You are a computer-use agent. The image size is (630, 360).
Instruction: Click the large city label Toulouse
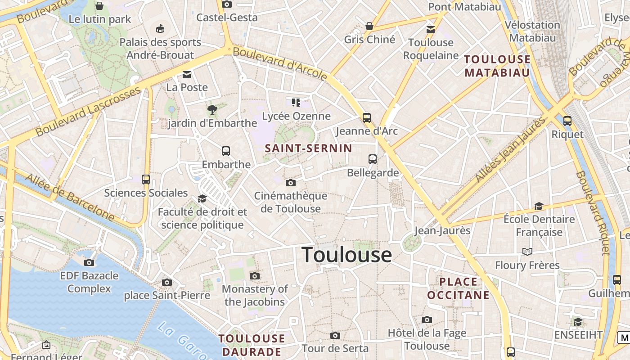click(x=346, y=255)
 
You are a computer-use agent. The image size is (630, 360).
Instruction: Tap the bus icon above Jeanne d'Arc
click(x=367, y=118)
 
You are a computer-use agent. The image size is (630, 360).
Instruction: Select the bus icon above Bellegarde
click(x=373, y=159)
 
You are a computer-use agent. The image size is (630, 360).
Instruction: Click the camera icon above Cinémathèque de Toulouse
click(x=291, y=183)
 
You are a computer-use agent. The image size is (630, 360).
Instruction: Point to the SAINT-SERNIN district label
click(x=309, y=148)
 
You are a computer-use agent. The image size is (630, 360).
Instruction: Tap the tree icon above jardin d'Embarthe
click(x=212, y=109)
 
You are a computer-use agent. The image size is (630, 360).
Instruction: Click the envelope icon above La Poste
click(x=187, y=74)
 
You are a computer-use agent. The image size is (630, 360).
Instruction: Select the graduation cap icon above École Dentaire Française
click(x=539, y=206)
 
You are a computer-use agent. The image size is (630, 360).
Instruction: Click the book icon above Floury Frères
click(x=527, y=252)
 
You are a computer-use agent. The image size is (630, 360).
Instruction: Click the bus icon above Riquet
click(x=567, y=121)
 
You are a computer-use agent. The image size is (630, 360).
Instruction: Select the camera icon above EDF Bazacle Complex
click(x=89, y=262)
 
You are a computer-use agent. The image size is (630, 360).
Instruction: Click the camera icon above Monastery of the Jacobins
click(x=255, y=276)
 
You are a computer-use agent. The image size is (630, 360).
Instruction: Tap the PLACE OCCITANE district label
click(x=458, y=288)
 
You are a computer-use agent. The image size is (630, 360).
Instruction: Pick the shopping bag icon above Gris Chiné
click(x=369, y=26)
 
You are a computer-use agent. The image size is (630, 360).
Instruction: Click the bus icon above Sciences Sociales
click(x=146, y=180)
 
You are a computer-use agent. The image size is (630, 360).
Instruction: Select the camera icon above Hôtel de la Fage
click(x=427, y=319)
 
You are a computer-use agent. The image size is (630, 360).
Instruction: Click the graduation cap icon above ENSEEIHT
click(x=578, y=322)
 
